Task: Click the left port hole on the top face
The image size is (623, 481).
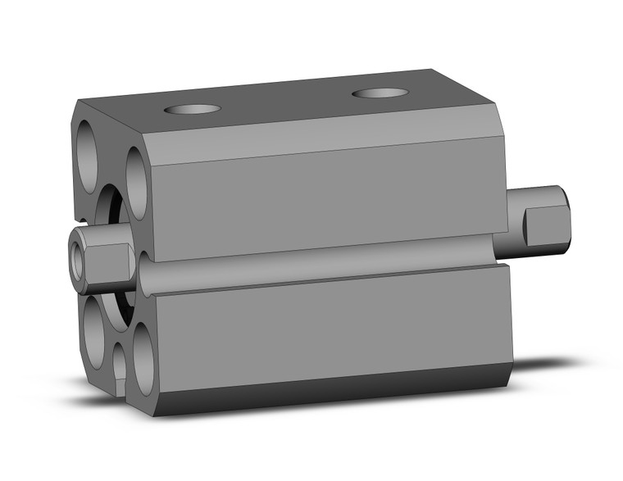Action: click(x=193, y=109)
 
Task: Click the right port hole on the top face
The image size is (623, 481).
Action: click(x=380, y=92)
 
